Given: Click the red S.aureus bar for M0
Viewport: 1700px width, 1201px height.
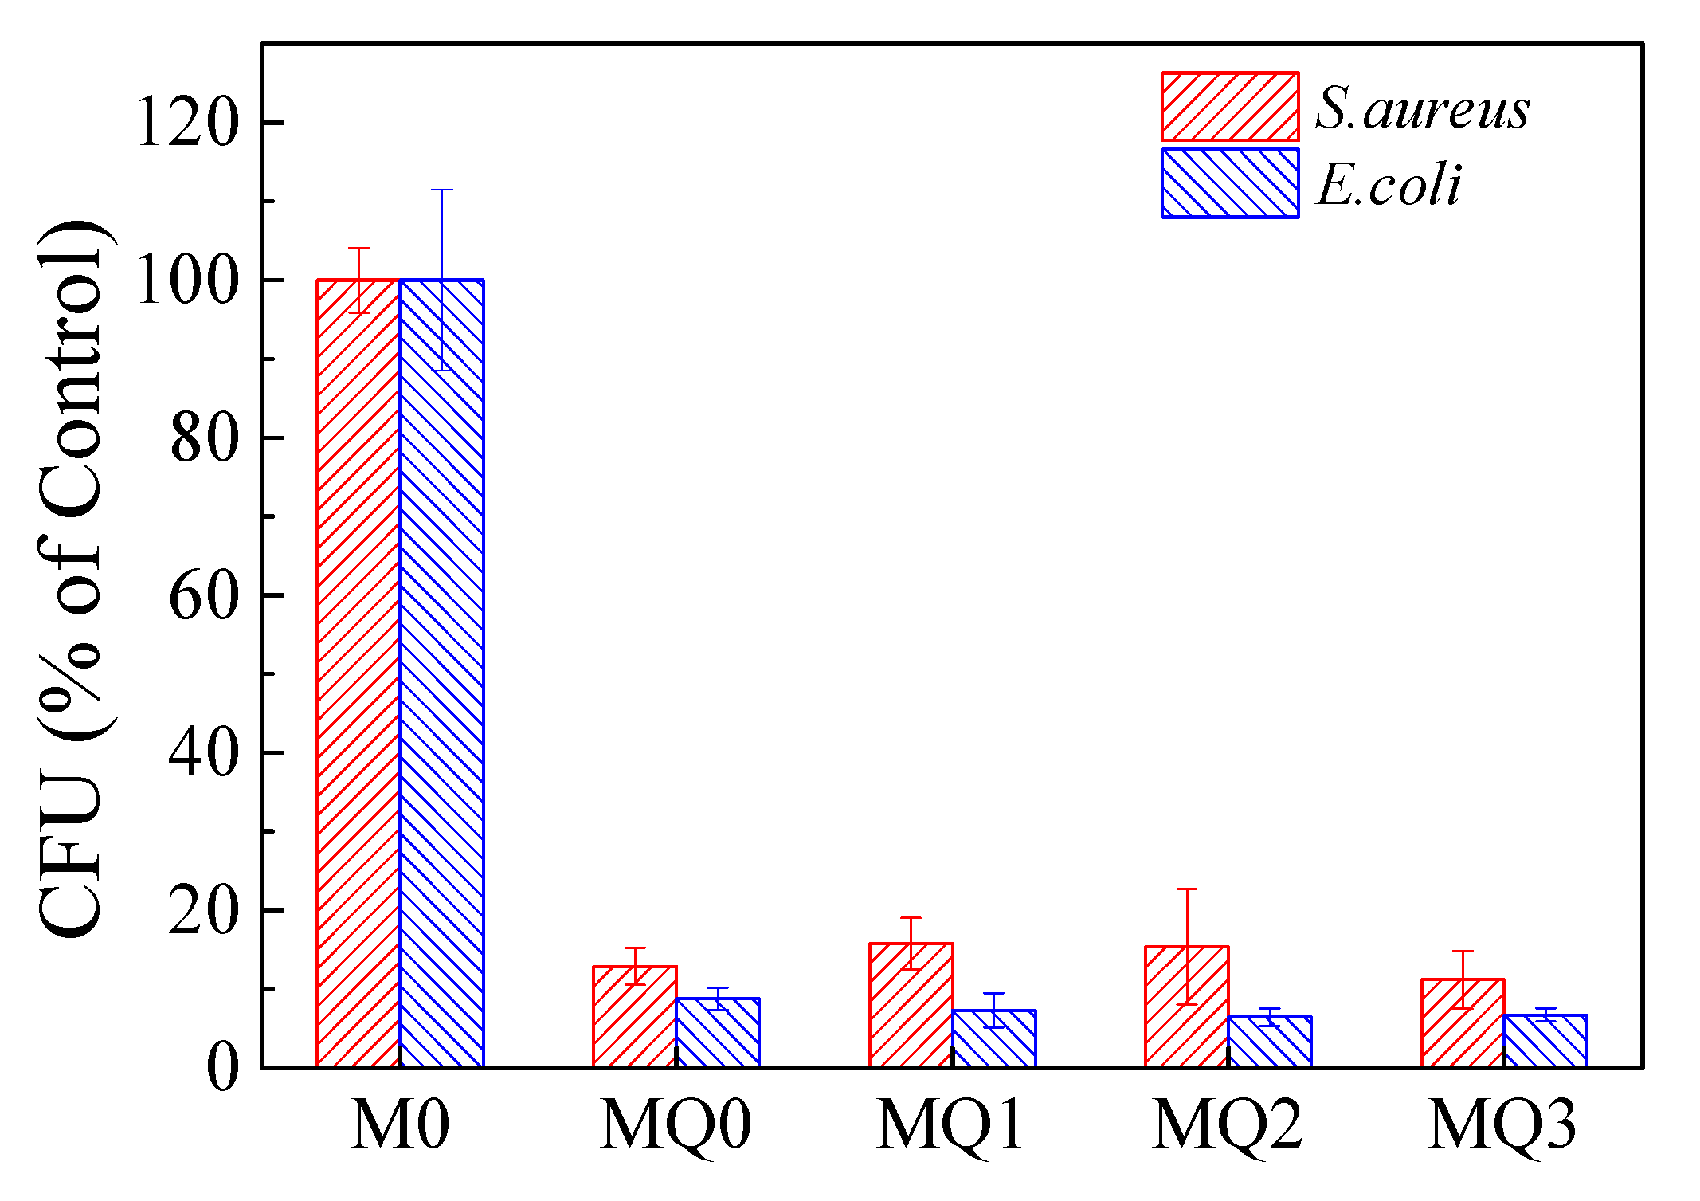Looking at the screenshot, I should tap(358, 673).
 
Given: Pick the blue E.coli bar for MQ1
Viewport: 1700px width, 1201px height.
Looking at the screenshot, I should tap(994, 1039).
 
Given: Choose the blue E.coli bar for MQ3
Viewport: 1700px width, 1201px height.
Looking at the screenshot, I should tap(1545, 1042).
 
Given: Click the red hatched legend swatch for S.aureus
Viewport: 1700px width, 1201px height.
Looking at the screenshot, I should tap(1230, 107).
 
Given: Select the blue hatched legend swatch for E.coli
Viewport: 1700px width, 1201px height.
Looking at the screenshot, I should tap(1230, 183).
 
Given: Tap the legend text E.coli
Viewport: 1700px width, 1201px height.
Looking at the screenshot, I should tap(1389, 185).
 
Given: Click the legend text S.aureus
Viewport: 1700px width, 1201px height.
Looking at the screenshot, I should tap(1422, 108).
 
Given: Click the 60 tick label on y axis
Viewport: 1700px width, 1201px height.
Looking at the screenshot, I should tap(204, 596).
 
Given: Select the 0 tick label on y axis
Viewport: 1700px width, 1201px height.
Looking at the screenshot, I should tap(222, 1068).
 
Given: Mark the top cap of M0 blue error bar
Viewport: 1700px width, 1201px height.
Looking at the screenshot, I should tap(442, 190).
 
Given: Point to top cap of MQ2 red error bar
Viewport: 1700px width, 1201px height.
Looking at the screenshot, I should tap(1187, 889).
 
